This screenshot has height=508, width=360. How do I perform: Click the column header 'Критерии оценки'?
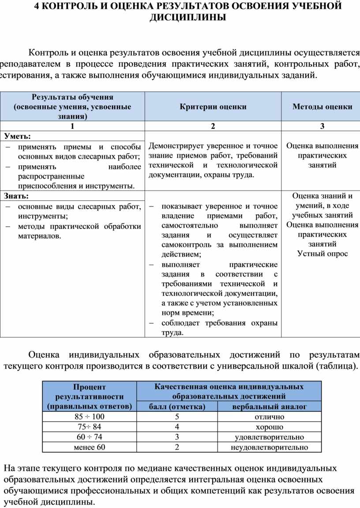coord(213,107)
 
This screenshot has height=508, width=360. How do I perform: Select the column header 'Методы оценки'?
coord(322,107)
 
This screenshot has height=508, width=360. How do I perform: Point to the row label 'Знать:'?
coord(16,196)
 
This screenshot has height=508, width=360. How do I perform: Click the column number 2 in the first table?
coord(213,126)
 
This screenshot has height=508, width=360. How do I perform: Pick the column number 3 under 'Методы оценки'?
coord(322,126)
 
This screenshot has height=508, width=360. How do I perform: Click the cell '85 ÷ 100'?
coord(90,417)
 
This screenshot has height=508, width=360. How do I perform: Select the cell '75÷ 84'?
coord(90,427)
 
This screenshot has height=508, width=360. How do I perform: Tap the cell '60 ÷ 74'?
coord(90,437)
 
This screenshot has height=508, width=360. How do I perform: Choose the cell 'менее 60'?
coord(90,448)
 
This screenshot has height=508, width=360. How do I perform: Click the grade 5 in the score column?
coord(177,417)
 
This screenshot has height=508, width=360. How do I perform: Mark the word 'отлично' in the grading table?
coord(270,417)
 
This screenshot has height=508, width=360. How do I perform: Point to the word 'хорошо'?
coord(270,427)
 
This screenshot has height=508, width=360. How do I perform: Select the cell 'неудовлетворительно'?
coord(270,448)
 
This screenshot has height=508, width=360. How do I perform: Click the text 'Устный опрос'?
coord(322,254)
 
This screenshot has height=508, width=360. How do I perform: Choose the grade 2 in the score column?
coord(177,448)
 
